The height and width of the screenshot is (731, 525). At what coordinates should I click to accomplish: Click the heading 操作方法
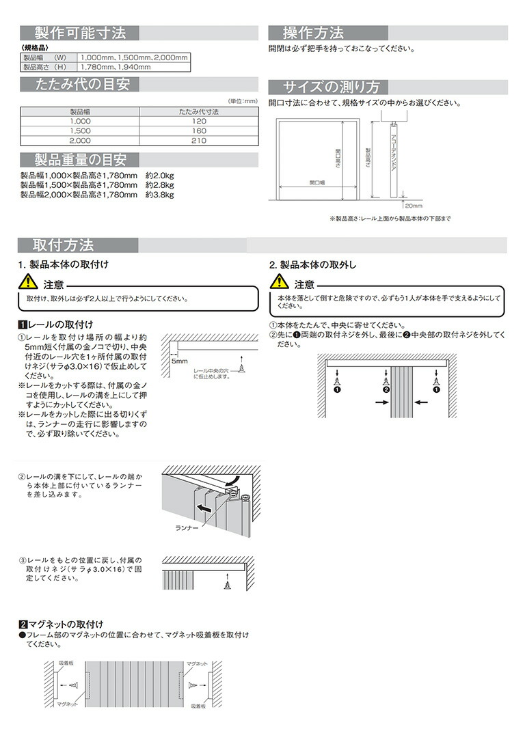[x=314, y=33]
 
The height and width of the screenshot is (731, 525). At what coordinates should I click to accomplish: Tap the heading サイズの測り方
[x=332, y=87]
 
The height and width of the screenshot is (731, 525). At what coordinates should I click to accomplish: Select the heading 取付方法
[x=64, y=245]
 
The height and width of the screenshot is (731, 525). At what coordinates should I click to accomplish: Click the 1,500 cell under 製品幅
[x=80, y=130]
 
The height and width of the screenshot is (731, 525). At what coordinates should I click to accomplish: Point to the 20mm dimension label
[x=414, y=205]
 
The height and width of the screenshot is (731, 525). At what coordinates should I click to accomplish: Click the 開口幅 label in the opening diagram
[x=316, y=183]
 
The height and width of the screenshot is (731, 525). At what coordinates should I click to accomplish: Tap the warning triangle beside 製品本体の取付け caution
[x=28, y=281]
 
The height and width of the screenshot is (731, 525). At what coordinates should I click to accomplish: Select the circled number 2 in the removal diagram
[x=386, y=389]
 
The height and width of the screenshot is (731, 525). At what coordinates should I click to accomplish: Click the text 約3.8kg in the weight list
[x=159, y=194]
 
